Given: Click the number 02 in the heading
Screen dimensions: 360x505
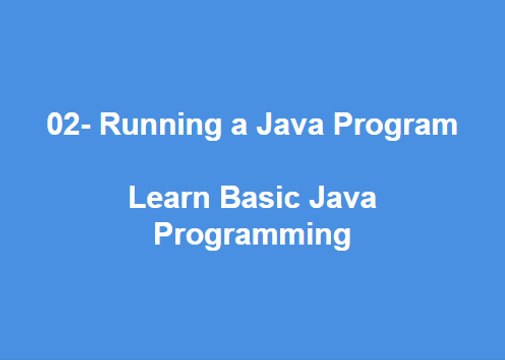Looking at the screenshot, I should click(61, 127).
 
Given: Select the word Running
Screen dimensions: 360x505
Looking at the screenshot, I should click(149, 127).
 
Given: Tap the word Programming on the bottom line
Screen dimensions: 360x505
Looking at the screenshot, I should click(251, 237).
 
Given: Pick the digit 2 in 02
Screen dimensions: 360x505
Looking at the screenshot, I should click(69, 127).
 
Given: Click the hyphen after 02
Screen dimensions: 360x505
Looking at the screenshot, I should click(82, 129).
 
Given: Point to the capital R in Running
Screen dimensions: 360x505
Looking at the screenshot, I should click(110, 127).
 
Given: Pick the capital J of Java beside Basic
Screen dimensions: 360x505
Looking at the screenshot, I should click(313, 199).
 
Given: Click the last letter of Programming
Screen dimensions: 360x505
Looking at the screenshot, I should click(341, 239).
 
